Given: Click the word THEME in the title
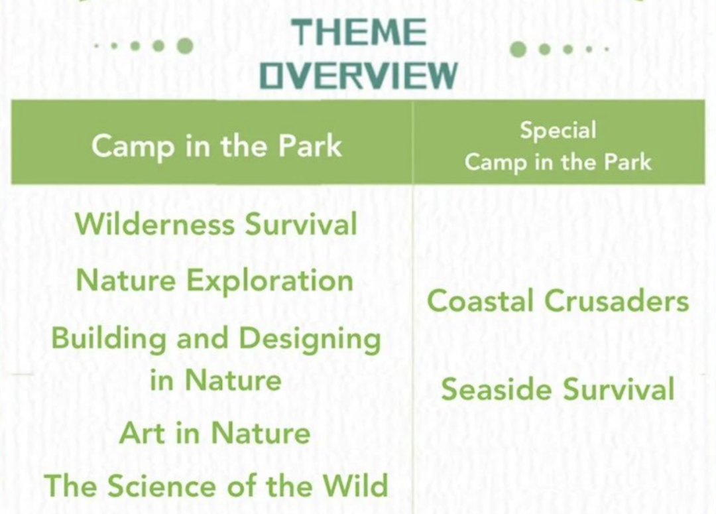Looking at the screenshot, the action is pos(359,32).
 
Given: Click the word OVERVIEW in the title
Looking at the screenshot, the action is pos(359,75).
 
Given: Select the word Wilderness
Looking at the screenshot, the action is pos(154,224).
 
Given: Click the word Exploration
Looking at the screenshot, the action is pos(270,281).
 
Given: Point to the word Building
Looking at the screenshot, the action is pos(109,340).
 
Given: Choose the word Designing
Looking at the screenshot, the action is pos(310,340).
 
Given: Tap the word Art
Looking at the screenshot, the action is pos(143,432).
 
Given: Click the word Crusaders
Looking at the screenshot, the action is pos(617,301).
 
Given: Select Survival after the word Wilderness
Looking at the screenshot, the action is pos(301,224).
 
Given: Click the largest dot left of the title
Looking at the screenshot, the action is pos(185,46).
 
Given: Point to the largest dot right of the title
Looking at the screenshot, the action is pos(518,49).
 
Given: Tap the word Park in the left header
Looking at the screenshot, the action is pos(310,146).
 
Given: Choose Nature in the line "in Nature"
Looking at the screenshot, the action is pos(233,380).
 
